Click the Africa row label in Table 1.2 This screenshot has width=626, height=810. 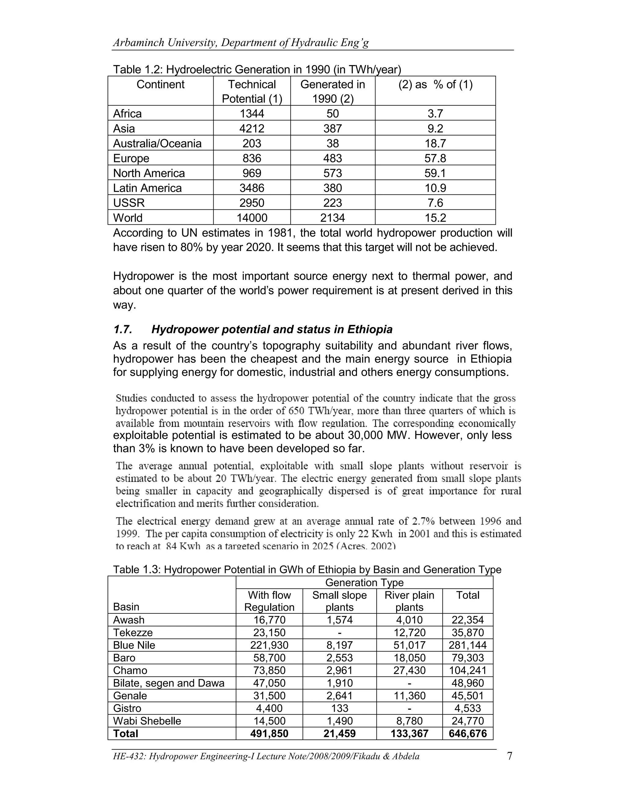coord(127,113)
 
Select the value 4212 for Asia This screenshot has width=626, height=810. coord(252,129)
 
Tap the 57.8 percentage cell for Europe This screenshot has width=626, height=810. coord(435,158)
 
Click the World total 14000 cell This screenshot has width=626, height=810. coord(252,218)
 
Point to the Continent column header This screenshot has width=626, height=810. coord(160,85)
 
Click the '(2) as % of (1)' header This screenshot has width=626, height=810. coord(435,85)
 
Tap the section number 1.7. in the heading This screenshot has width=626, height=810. coord(123,329)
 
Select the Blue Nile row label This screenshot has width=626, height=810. coord(134,645)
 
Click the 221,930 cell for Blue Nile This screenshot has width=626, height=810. coord(269,645)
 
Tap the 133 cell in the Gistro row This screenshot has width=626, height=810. coord(339,708)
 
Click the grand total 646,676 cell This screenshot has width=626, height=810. coord(468,733)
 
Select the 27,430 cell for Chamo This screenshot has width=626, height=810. coord(409,670)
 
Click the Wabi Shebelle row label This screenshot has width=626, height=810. coord(147,721)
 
